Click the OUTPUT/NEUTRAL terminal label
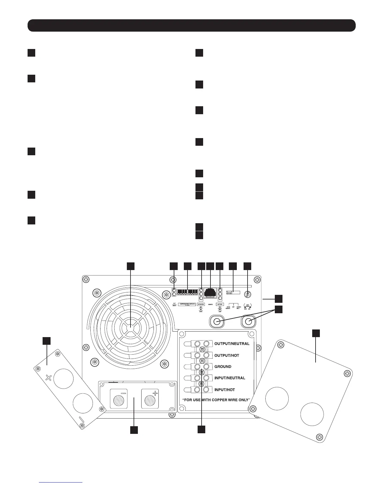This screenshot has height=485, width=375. [232, 344]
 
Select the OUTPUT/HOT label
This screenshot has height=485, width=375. [227, 355]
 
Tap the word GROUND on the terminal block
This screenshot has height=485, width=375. [223, 367]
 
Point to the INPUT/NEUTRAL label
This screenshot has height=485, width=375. [230, 378]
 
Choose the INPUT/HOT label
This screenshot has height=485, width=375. [225, 389]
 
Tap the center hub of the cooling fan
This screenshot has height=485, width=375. [130, 327]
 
